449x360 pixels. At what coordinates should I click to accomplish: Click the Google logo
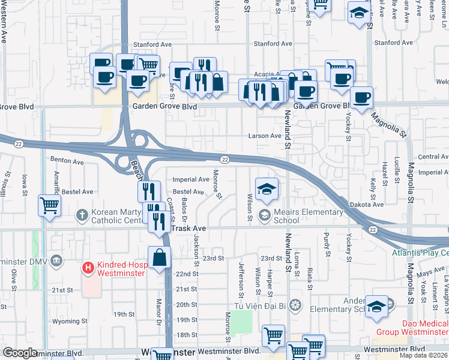(20, 353)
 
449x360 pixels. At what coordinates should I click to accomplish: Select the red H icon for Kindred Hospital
(88, 267)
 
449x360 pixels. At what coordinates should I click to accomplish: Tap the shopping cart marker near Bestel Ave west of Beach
(49, 205)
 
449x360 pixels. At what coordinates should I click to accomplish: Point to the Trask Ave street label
(189, 229)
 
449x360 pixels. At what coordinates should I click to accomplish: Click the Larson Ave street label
(265, 136)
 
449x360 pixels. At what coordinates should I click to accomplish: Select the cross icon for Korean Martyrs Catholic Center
(82, 214)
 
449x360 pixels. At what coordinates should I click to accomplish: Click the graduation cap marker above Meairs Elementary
(266, 189)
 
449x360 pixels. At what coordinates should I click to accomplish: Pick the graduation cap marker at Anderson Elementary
(376, 306)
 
